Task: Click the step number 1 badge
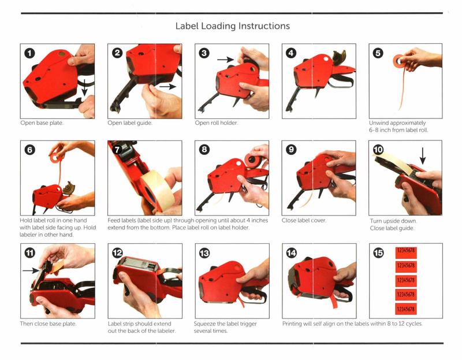29,53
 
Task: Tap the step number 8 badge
204,150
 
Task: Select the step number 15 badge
378,253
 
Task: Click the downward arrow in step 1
84,87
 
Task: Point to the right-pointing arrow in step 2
167,87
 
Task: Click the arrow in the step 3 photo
225,60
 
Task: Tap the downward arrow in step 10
423,155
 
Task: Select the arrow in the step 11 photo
31,270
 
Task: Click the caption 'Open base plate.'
42,123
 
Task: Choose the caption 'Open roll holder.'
216,123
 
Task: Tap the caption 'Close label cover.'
304,220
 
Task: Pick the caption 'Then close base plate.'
49,324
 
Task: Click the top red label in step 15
406,251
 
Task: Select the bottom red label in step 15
406,309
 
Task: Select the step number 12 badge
117,253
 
